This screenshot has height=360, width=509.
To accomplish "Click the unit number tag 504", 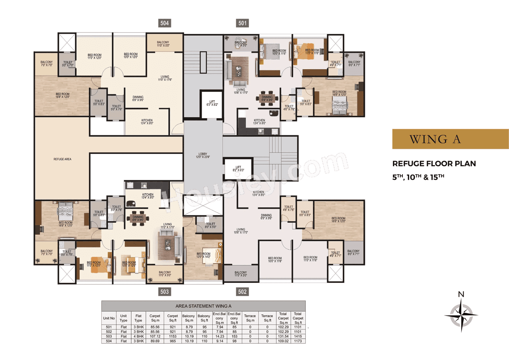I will coord(165,23).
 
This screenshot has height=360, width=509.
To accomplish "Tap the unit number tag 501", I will coord(242,23).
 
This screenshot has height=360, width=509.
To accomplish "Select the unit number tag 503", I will coord(165,292).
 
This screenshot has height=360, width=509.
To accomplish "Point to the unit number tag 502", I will coord(242,292).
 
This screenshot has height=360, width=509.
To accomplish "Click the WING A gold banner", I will coord(450,139).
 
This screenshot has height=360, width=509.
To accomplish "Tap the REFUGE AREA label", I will coord(62,159).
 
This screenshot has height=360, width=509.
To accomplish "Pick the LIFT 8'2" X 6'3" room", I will coord(238,169).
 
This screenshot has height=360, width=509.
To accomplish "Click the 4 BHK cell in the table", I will coord(138,336).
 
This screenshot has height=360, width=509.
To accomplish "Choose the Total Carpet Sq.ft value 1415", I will coord(297,336).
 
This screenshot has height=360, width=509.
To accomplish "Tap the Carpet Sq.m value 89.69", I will coord(155,341).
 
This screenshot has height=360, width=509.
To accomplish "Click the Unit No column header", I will coord(109,318).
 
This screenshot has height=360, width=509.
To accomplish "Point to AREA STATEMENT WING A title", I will coord(203,306).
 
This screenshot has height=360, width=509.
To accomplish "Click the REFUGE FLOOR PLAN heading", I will coord(434,163).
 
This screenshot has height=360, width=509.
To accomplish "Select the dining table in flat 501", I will coord(267,97).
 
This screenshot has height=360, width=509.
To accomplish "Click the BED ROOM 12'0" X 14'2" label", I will coord(203,255).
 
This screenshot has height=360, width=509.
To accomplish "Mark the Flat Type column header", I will coord(138,318).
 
